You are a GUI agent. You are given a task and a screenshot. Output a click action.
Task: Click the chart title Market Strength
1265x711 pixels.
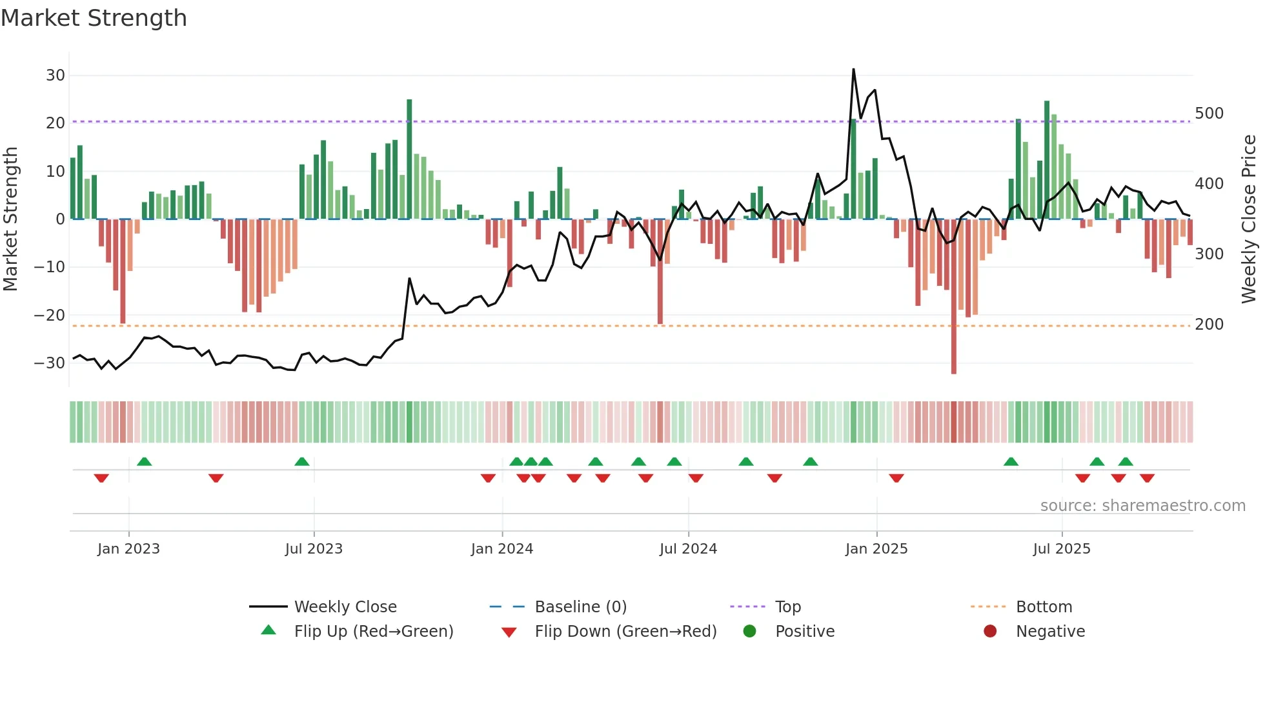click(x=94, y=18)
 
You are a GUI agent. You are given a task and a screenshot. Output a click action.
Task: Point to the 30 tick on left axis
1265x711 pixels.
click(x=56, y=75)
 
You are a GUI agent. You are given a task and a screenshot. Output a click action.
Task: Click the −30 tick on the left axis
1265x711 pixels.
click(x=50, y=363)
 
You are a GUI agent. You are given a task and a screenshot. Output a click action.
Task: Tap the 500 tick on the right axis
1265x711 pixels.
click(x=1209, y=114)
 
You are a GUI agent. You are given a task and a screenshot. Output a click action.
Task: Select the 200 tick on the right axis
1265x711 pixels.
click(x=1209, y=325)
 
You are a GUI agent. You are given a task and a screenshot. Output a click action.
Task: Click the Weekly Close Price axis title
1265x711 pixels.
click(x=1249, y=219)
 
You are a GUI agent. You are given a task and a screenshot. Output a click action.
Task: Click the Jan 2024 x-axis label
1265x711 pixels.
click(x=502, y=549)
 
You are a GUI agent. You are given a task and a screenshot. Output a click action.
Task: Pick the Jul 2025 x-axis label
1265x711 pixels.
click(x=1062, y=549)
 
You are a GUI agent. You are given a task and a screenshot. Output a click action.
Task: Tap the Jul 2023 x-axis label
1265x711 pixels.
click(x=314, y=549)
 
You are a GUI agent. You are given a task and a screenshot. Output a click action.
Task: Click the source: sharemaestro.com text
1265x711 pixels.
click(x=1142, y=506)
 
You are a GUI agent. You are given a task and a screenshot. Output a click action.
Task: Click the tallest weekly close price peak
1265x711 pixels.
click(x=853, y=70)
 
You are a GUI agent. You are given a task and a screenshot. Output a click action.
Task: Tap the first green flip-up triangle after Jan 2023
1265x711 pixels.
click(x=145, y=461)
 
